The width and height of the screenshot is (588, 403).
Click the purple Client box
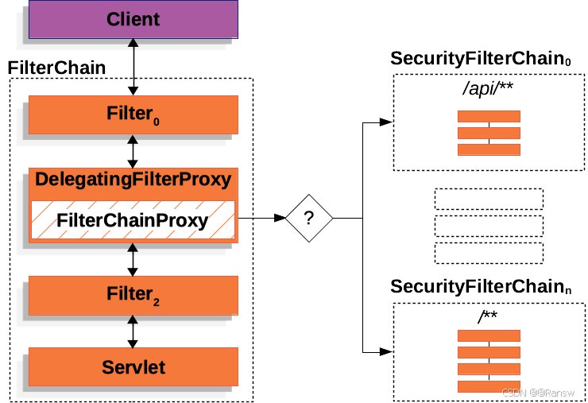coord(133,19)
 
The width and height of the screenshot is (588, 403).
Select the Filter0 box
coord(133,114)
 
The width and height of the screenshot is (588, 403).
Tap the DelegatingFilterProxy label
coord(133,180)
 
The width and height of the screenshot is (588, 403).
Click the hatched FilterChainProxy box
coord(133,220)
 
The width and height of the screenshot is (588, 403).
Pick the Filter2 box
coord(133,295)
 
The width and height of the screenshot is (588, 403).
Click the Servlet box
coord(133,366)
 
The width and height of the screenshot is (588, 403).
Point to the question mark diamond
coord(308,217)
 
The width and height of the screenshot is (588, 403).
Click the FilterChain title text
coord(56,68)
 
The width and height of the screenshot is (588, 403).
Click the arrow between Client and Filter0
coord(133,67)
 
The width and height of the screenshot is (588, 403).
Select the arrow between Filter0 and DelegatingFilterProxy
coord(133,150)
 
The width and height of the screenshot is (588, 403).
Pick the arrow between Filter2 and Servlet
coord(133,331)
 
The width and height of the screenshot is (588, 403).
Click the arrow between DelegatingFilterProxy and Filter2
coord(133,259)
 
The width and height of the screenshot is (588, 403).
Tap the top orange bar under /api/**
coord(488,117)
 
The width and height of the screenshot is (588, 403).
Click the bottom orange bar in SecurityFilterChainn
coord(488,386)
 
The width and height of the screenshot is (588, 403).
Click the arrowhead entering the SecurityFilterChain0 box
coord(385,122)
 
